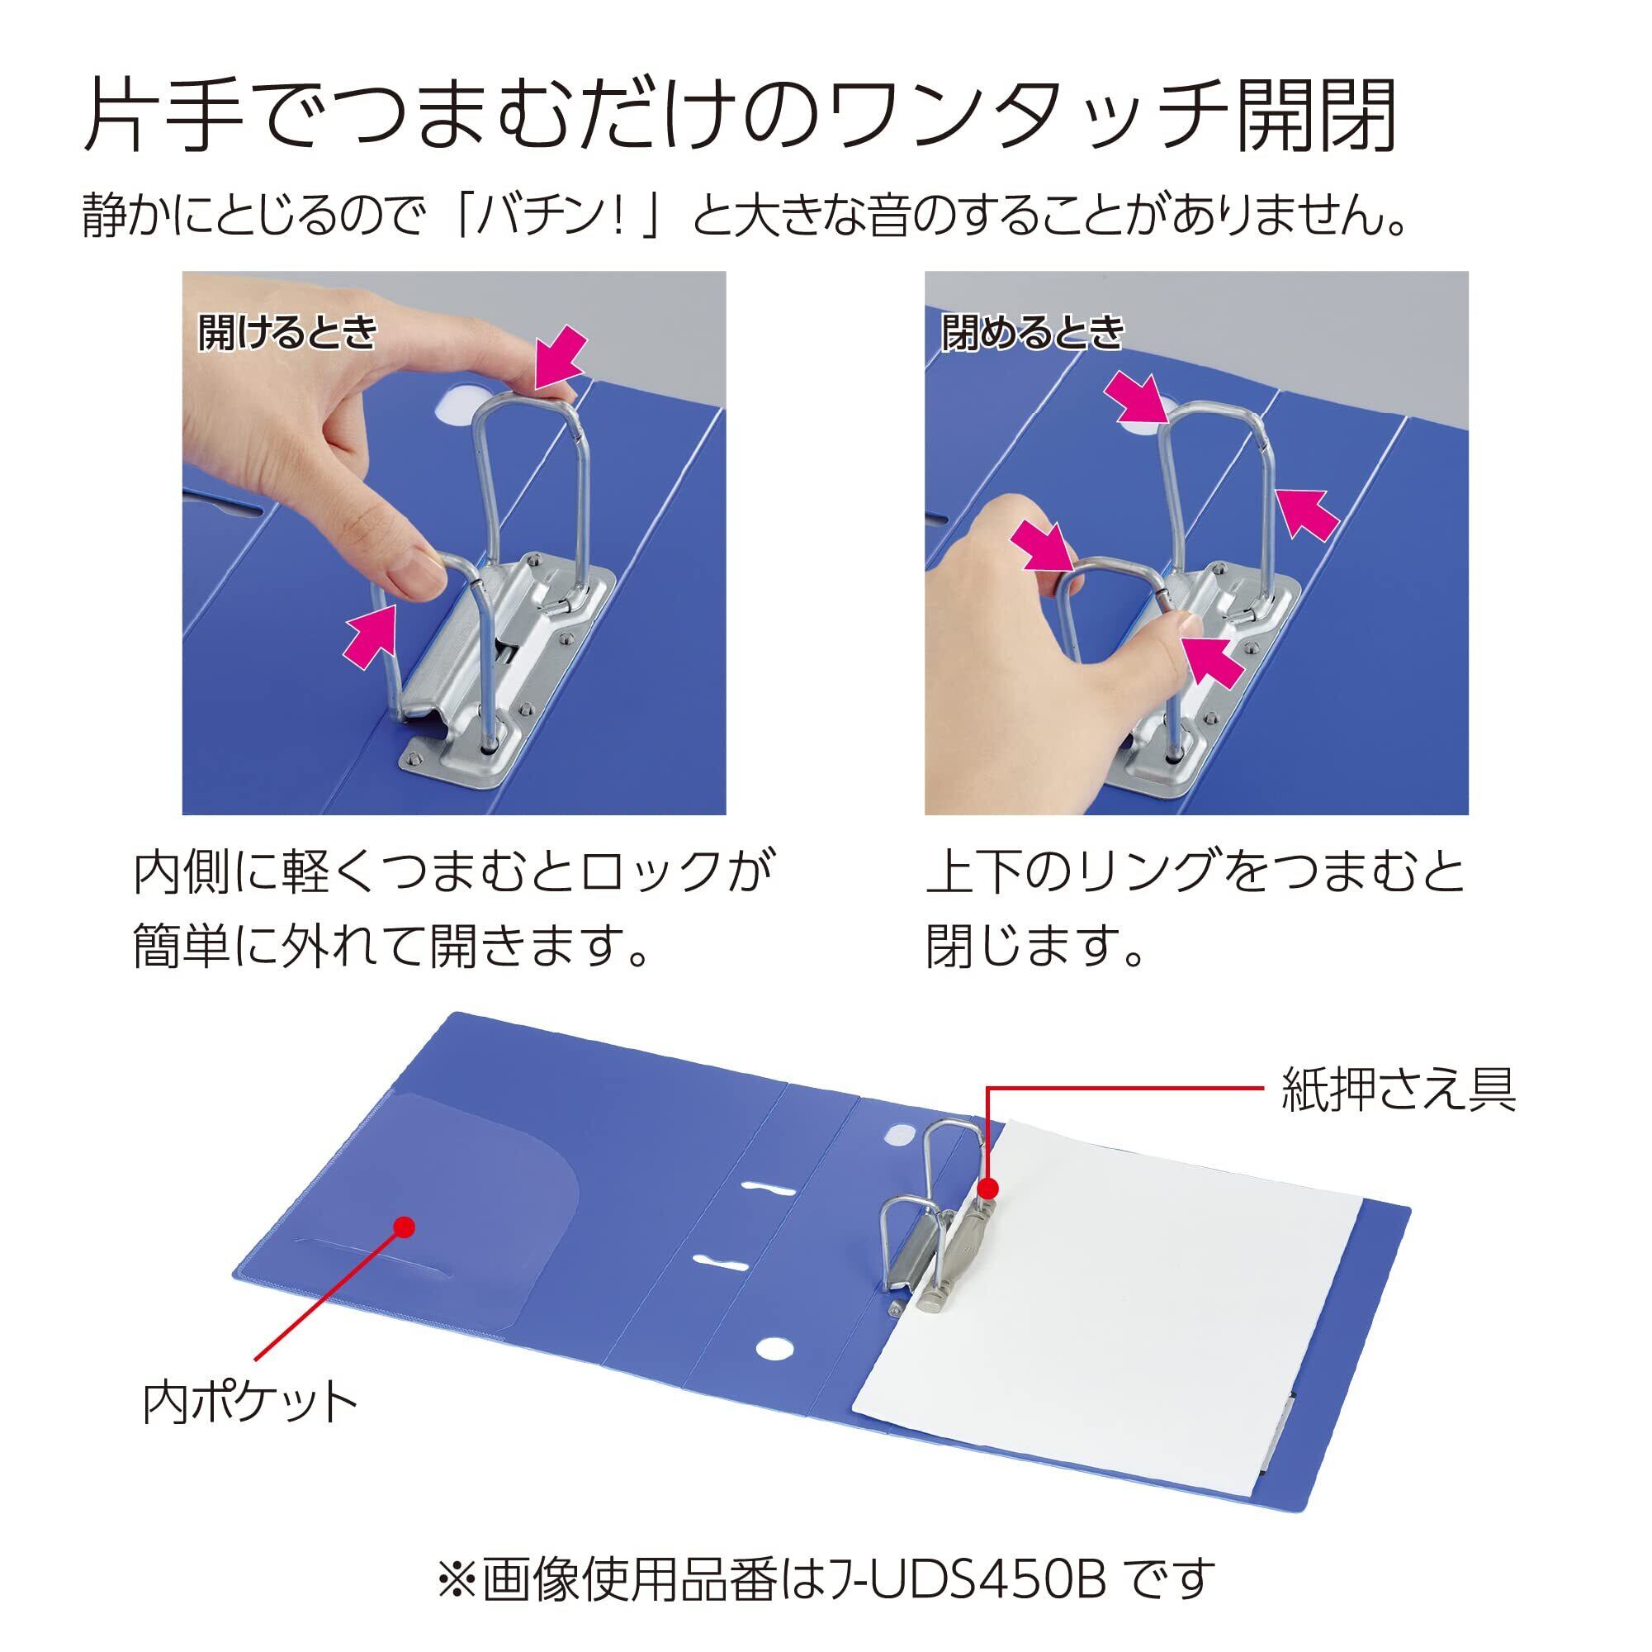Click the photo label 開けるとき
click(287, 332)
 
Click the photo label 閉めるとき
click(1032, 332)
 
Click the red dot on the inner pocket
click(406, 1226)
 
